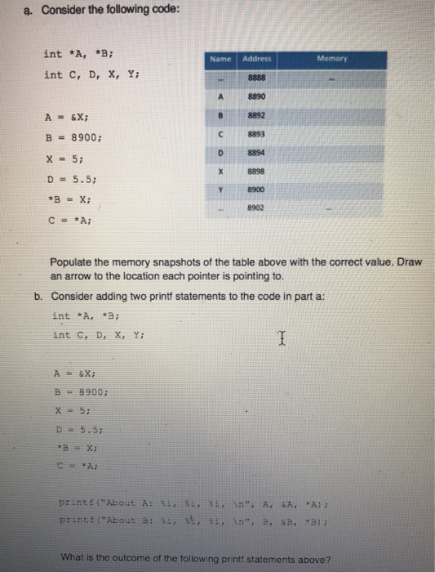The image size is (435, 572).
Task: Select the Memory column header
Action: click(x=332, y=59)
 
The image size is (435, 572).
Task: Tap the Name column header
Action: click(x=221, y=59)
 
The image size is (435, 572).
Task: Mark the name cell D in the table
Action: click(x=220, y=153)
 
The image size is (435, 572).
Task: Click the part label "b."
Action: click(x=38, y=297)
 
